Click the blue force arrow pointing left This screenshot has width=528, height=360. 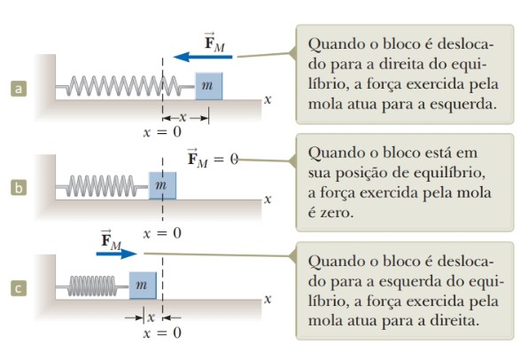coord(203,56)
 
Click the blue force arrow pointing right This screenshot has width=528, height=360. coord(117,254)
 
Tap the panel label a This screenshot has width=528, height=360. coord(19,89)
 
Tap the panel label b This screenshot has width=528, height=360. coord(19,187)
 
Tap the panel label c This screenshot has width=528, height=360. coord(19,288)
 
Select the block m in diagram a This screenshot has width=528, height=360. coord(209,86)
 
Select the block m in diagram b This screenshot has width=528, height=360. coord(162,185)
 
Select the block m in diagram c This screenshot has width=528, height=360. coord(143,286)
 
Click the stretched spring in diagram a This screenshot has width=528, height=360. coord(125,86)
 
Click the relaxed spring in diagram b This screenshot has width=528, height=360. coord(103,185)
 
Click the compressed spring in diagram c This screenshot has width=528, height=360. coord(93,286)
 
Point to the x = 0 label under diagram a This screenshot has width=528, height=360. coord(162,132)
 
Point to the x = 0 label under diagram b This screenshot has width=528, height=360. coord(162,233)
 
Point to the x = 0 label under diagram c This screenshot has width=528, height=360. coord(162,333)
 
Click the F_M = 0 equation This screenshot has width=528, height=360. coord(213,158)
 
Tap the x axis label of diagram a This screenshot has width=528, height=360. coord(268,100)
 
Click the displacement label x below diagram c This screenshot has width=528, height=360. coord(151,317)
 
